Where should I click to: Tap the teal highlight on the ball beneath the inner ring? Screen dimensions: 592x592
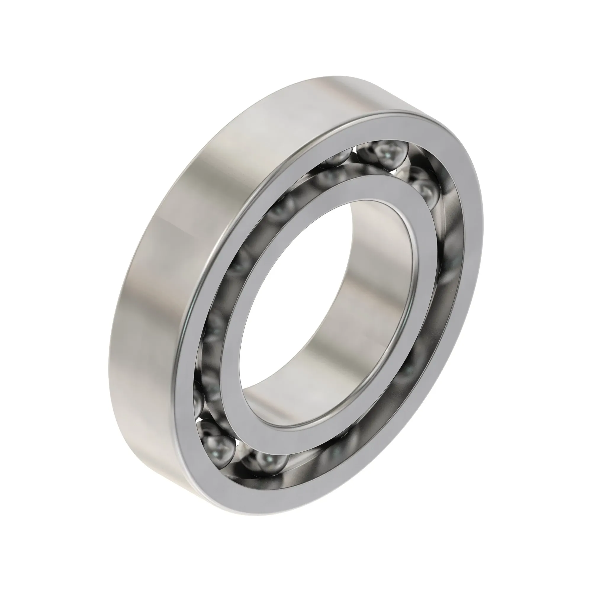click(x=269, y=459)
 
